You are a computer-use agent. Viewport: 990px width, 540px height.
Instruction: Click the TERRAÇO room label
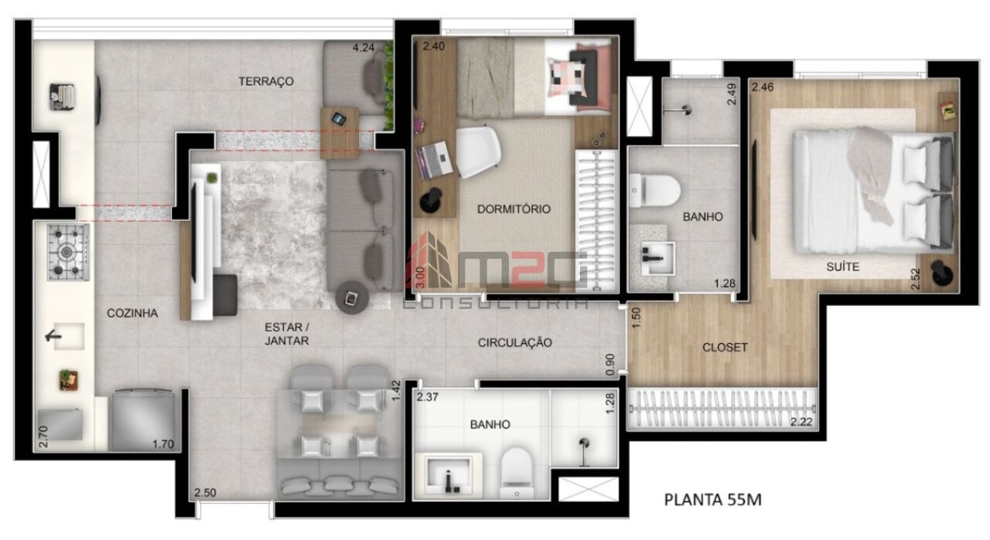(265, 81)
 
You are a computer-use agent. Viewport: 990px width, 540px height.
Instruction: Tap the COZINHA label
(132, 313)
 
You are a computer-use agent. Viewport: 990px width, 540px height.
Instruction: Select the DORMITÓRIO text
(514, 209)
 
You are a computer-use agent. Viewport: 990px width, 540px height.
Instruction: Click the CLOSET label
(725, 348)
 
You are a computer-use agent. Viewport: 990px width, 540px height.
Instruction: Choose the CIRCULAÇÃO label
(515, 342)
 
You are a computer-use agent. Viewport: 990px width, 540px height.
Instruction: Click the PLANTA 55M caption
(713, 500)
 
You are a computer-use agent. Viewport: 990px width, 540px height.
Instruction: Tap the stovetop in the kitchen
(69, 252)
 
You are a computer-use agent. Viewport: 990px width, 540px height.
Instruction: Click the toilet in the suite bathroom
(652, 188)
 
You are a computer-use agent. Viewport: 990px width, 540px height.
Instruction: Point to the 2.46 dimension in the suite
(763, 87)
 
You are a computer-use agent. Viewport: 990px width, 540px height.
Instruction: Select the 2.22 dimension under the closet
(801, 421)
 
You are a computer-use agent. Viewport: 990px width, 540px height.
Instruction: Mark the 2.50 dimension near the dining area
(205, 493)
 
